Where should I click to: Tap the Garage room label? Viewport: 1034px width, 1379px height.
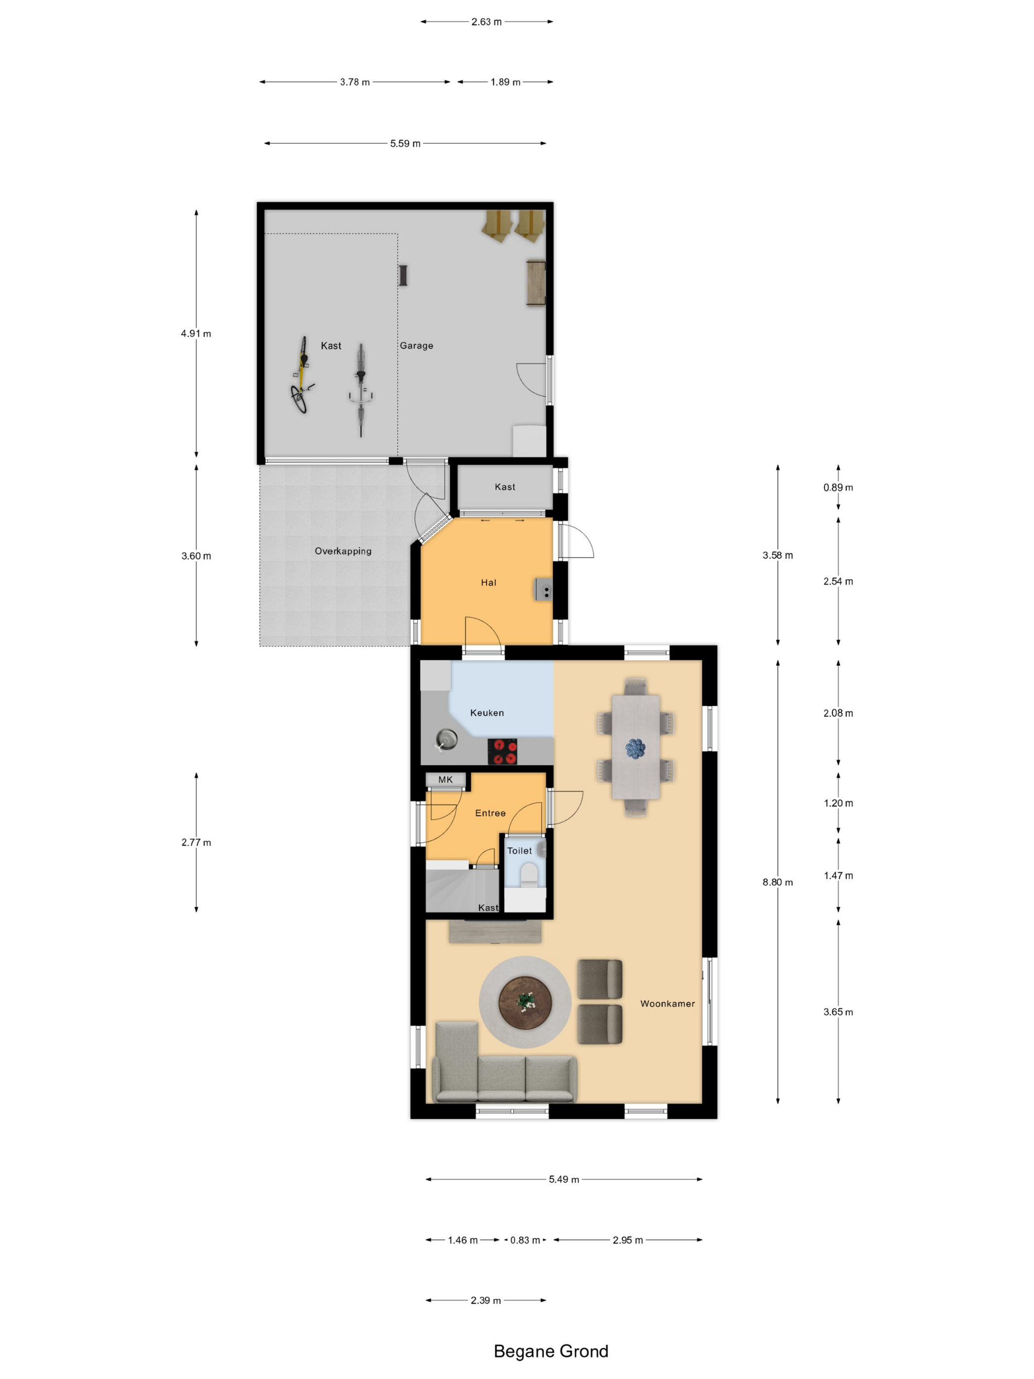point(417,345)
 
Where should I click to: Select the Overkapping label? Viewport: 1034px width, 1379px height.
point(343,551)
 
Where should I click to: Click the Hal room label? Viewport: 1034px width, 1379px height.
point(488,583)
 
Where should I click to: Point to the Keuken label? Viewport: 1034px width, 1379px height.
point(487,713)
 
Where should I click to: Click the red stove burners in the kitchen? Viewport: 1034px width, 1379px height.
point(502,751)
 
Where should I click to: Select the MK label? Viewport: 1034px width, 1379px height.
point(446,779)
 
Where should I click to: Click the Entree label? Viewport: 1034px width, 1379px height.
point(490,813)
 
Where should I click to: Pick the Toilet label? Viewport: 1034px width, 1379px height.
point(519,851)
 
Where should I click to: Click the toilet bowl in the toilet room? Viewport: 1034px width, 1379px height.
point(528,874)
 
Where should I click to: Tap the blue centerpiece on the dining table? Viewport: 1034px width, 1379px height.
point(635,748)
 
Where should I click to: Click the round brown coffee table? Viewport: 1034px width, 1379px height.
point(525,1002)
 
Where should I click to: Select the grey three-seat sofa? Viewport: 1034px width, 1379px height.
point(504,1062)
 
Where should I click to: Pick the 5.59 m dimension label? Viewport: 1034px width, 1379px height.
point(405,143)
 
